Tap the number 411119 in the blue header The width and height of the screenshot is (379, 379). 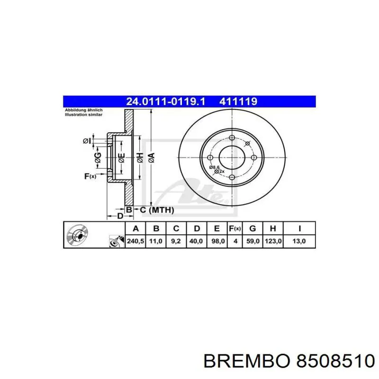coord(237,101)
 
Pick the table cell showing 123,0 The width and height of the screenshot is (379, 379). coord(273,241)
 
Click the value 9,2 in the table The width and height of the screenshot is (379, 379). coord(176,241)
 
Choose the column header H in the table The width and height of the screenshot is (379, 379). coord(273,229)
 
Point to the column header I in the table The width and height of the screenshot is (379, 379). coord(299,229)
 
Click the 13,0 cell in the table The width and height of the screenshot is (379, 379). coord(299,241)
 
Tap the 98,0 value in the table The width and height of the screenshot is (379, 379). coord(217,241)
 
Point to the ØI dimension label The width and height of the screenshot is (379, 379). coord(87,141)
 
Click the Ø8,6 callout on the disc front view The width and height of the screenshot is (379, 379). coord(214,167)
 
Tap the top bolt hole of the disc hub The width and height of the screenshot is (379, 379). coord(232,138)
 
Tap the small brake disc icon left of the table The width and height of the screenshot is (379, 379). coord(76,235)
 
